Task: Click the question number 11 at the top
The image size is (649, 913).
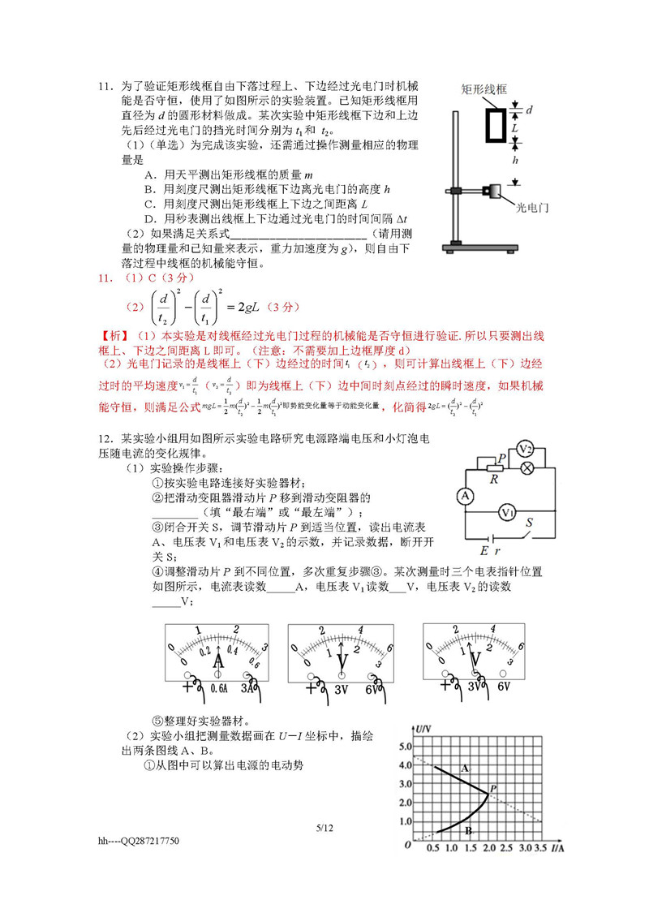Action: click(104, 86)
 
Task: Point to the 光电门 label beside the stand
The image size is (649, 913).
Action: click(532, 208)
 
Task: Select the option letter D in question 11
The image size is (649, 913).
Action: click(149, 219)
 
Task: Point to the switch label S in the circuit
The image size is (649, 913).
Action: click(531, 523)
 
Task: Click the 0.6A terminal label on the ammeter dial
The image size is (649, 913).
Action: click(219, 687)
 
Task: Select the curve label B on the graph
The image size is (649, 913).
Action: click(468, 830)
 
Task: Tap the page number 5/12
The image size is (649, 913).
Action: click(325, 827)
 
